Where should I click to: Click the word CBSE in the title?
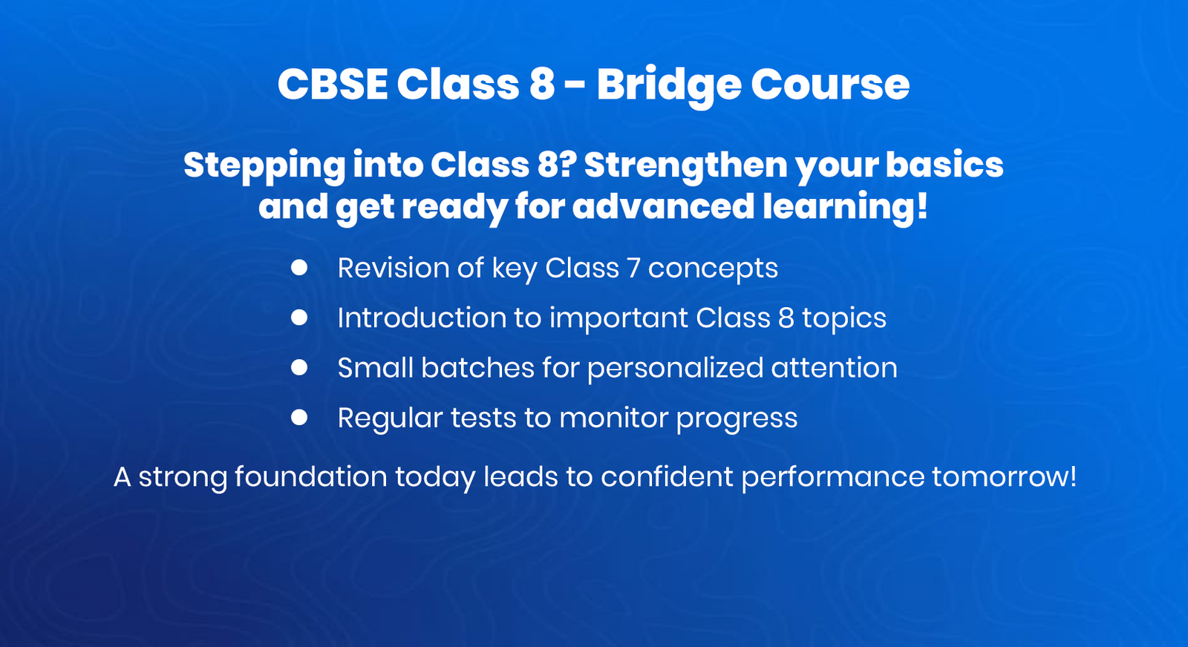pyautogui.click(x=332, y=84)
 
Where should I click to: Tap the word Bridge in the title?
pyautogui.click(x=668, y=84)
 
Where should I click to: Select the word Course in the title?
pyautogui.click(x=829, y=84)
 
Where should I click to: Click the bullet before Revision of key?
pyautogui.click(x=299, y=268)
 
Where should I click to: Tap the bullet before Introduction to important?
pyautogui.click(x=299, y=318)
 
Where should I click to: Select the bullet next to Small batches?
pyautogui.click(x=299, y=367)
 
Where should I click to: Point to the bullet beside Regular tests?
pyautogui.click(x=299, y=418)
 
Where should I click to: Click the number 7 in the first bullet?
pyautogui.click(x=633, y=268)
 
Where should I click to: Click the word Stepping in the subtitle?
pyautogui.click(x=264, y=165)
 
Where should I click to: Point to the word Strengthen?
pyautogui.click(x=685, y=165)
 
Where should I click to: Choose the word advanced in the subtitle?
pyautogui.click(x=663, y=206)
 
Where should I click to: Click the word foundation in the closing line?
pyautogui.click(x=310, y=476)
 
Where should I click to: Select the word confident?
pyautogui.click(x=666, y=476)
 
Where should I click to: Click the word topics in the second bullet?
pyautogui.click(x=843, y=318)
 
